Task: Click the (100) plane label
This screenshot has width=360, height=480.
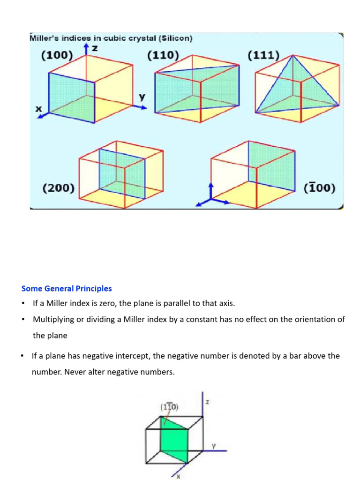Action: click(57, 55)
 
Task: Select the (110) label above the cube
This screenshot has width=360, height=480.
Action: click(163, 55)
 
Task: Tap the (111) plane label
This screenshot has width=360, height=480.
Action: click(263, 55)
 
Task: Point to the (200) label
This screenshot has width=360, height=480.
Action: click(59, 188)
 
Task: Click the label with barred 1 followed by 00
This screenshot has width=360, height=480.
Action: click(320, 188)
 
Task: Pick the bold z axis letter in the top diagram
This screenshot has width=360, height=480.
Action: click(94, 48)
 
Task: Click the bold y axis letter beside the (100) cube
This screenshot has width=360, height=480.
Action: click(142, 97)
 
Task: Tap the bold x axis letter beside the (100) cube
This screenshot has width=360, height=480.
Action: click(39, 109)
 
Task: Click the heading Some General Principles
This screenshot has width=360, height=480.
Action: click(67, 288)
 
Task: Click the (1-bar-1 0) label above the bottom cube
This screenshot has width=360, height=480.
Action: click(169, 407)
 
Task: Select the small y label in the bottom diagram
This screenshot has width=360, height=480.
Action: click(213, 446)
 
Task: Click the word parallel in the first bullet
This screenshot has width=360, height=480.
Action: click(180, 303)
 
